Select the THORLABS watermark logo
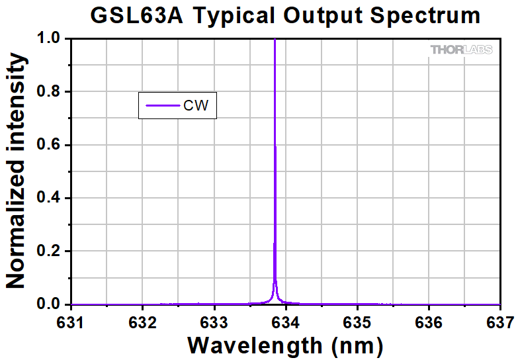click(462, 50)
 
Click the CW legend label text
click(199, 105)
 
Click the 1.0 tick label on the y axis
click(48, 39)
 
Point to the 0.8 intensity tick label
click(48, 92)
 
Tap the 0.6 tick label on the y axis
click(48, 145)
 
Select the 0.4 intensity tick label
click(48, 198)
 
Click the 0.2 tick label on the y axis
click(48, 251)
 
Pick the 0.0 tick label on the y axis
click(48, 304)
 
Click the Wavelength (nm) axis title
click(285, 345)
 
